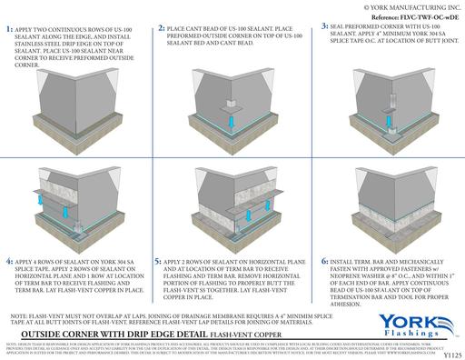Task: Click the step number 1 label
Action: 9,30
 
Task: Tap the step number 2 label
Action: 162,30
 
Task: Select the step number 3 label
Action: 325,28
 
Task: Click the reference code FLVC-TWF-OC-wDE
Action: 414,16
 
